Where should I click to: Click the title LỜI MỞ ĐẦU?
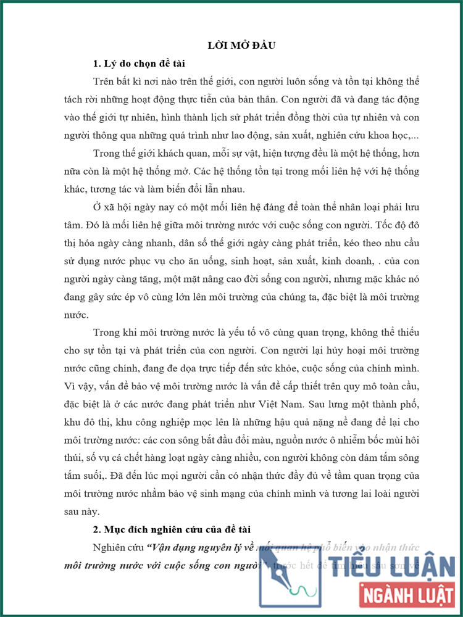241,45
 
